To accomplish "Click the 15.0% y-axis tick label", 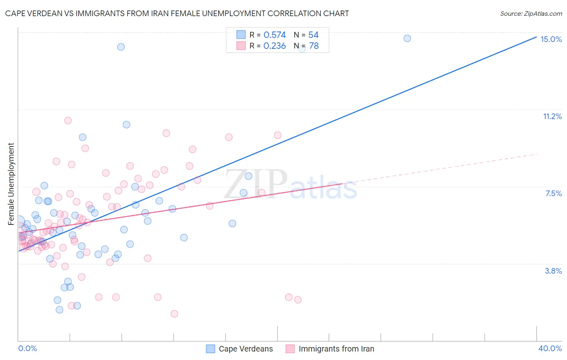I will click(551, 39).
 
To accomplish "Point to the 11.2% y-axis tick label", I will click(552, 117).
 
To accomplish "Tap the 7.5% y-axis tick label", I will click(553, 194).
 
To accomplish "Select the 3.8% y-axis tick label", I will click(553, 271).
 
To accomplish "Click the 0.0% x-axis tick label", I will click(27, 348).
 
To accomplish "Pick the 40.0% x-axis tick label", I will click(550, 348).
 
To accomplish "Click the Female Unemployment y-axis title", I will click(11, 184).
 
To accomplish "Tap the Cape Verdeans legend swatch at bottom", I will click(211, 349).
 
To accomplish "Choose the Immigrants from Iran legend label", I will click(336, 349).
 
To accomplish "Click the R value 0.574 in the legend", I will click(275, 35).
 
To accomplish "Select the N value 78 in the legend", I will click(314, 46).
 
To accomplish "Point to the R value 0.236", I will click(275, 46).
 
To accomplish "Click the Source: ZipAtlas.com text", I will click(531, 14).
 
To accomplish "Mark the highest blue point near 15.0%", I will click(407, 38).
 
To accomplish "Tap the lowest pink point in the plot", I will click(174, 314).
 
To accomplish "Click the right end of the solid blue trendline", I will click(536, 36).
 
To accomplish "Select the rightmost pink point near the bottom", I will click(298, 299).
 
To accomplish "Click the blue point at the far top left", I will click(121, 47).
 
